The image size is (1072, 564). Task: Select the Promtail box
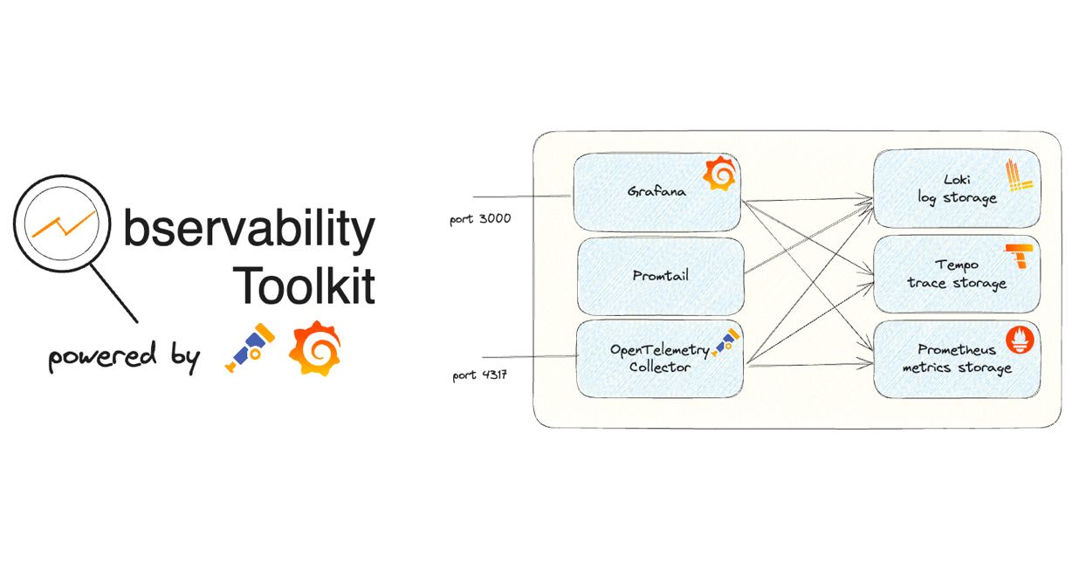[x=661, y=276]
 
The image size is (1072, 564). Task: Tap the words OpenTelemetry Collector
[x=660, y=358]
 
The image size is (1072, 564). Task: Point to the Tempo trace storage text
[x=957, y=273]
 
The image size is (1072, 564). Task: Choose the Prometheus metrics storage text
[x=957, y=358]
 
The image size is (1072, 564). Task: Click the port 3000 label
[x=480, y=218]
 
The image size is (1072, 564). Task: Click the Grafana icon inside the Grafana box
[x=720, y=174]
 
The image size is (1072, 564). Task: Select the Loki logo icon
[x=1019, y=176]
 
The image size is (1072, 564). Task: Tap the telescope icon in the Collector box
[x=725, y=342]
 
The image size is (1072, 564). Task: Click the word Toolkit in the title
[x=305, y=285]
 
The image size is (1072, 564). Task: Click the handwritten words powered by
[x=124, y=356]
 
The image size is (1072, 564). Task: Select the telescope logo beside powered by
[x=250, y=348]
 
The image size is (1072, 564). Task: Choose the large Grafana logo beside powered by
[x=315, y=348]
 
